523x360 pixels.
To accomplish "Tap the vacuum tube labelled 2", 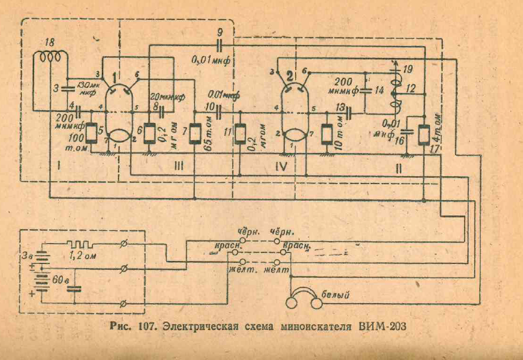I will point(295,109).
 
